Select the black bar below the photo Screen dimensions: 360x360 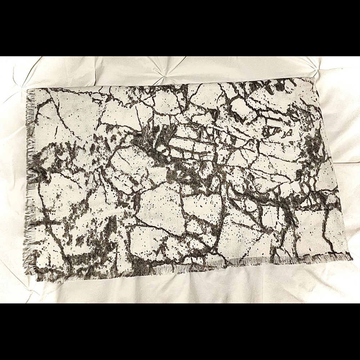(180, 331)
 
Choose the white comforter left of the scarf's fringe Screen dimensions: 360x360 (14, 180)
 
